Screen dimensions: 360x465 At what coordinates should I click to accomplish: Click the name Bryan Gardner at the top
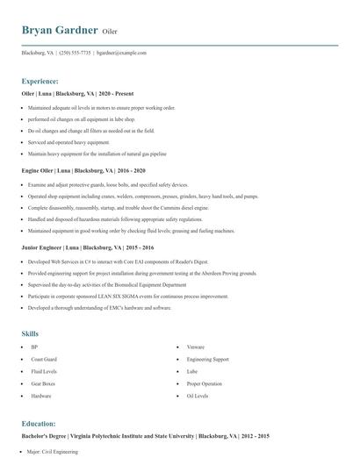(60, 31)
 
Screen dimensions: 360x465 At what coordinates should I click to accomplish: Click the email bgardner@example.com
(121, 53)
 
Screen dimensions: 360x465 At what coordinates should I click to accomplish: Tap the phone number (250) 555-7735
(75, 53)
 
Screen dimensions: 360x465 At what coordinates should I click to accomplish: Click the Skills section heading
(30, 333)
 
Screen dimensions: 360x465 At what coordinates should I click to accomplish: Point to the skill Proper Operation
(204, 384)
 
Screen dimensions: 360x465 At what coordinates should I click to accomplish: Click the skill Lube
(191, 372)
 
